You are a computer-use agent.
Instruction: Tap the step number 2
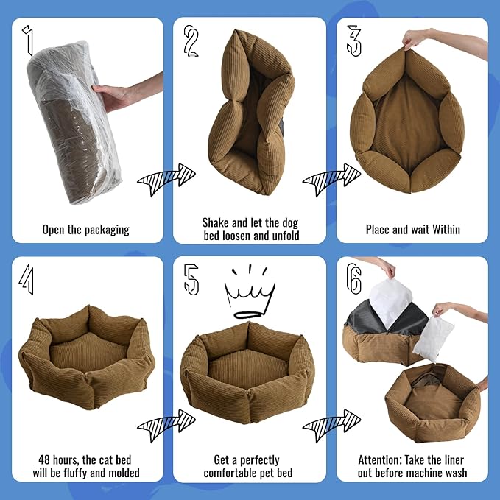tap(192, 42)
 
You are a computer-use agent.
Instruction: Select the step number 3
tap(354, 40)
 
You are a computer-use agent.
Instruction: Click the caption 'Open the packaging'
tap(86, 229)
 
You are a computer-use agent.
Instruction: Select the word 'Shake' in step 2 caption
tap(217, 222)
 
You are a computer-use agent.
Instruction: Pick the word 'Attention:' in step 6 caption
tap(381, 459)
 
